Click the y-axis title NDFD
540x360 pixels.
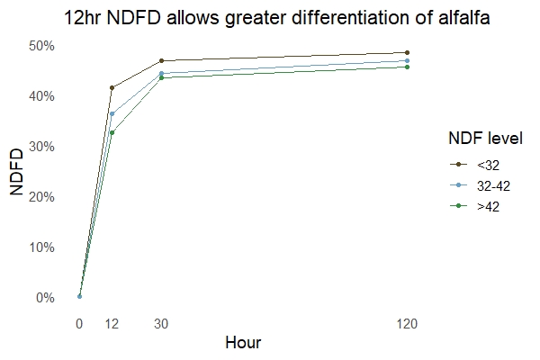click(x=17, y=172)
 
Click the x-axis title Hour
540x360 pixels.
click(x=243, y=343)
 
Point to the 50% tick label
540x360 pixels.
click(x=44, y=46)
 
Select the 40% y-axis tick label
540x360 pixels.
click(x=44, y=96)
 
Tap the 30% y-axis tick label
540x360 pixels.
click(x=44, y=147)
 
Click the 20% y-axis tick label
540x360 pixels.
click(x=44, y=197)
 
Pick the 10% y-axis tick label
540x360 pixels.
click(x=44, y=247)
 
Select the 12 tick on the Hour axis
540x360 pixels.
click(x=112, y=322)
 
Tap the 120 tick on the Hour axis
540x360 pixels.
click(x=407, y=322)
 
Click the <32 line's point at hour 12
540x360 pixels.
click(x=112, y=87)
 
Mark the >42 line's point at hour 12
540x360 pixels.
click(x=112, y=132)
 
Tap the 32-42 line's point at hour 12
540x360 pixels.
click(x=112, y=113)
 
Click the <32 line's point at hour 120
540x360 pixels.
click(x=407, y=52)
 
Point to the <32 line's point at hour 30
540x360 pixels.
click(x=161, y=60)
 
